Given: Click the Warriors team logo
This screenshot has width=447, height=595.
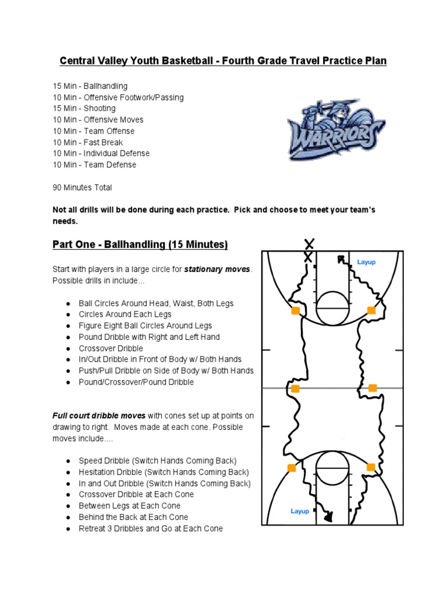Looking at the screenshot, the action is [335, 131].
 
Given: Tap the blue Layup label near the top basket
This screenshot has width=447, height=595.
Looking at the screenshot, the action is [366, 262].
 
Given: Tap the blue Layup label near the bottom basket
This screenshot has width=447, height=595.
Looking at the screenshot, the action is [300, 511].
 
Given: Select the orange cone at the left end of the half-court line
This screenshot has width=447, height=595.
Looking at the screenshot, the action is [295, 389].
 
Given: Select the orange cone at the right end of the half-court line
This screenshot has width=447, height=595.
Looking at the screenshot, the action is [372, 388].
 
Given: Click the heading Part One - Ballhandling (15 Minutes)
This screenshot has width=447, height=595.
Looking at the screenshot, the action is [140, 245].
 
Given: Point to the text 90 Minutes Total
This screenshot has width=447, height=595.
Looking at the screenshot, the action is [82, 187].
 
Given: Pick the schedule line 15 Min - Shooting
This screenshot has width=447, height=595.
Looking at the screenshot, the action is [84, 108].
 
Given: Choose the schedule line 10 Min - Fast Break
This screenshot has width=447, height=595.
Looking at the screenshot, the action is [88, 142].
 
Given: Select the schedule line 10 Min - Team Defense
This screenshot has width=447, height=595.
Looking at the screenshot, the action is [94, 164].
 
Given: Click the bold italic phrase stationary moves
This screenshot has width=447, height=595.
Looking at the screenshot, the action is [218, 270].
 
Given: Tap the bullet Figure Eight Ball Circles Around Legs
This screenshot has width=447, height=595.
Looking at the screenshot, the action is [146, 325].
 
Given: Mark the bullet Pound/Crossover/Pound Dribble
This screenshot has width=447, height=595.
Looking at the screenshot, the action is [136, 382].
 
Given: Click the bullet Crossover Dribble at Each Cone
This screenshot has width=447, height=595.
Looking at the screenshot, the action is [136, 494].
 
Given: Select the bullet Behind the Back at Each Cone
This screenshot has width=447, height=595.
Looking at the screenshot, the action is [133, 517].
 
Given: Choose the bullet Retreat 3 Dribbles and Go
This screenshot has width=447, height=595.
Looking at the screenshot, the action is [151, 528].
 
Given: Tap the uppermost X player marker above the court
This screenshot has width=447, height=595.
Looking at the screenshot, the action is [310, 243].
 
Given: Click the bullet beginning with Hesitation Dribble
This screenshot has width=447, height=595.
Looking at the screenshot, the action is [164, 472].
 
